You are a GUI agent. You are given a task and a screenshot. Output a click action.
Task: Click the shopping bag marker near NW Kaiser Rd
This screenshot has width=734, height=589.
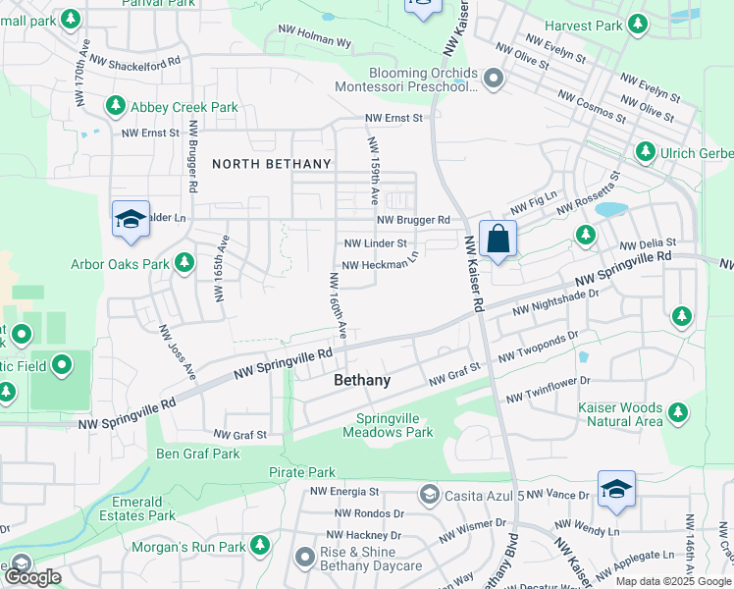498,239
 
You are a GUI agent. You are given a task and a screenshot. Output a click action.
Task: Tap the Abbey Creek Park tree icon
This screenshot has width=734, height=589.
115,105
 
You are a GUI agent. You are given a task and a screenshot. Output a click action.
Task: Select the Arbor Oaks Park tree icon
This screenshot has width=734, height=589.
183,263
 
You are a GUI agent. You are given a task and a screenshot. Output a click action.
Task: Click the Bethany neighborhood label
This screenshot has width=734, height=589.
362,380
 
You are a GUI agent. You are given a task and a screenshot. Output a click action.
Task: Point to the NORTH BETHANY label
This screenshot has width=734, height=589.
266,164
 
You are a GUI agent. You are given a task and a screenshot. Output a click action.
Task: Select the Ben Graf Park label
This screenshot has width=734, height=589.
198,454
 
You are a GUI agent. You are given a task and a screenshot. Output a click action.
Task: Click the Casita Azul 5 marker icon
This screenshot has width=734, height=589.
429,495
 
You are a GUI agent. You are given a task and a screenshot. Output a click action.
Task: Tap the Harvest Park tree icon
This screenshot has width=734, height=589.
639,23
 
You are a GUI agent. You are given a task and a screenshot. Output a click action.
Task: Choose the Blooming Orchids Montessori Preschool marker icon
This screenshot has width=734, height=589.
493,78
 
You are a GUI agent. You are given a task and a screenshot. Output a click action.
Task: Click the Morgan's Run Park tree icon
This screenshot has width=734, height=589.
260,545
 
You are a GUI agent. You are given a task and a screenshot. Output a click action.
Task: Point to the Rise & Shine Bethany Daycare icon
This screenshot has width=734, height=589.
303,558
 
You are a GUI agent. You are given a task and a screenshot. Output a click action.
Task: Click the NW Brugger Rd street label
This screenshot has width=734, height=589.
412,220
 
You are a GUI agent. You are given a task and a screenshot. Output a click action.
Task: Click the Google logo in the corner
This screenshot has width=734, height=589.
32,577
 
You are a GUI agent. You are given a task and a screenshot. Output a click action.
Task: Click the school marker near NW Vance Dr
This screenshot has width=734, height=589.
615,490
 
